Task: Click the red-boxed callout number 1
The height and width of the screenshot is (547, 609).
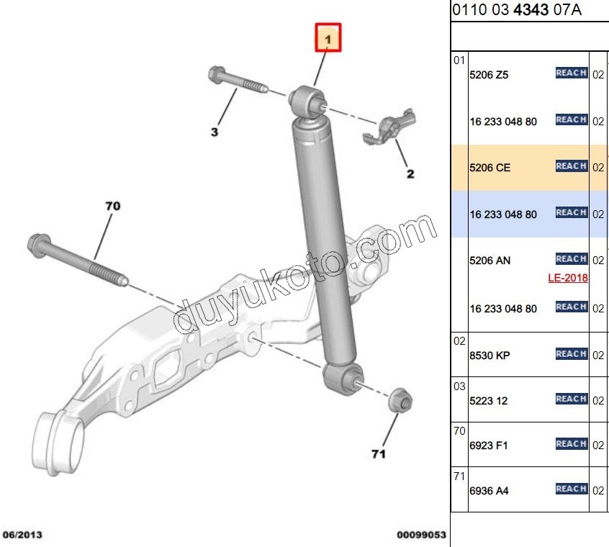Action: tap(328, 37)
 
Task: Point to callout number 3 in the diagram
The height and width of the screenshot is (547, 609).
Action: tap(215, 132)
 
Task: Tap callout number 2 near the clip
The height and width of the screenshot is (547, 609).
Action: tap(410, 174)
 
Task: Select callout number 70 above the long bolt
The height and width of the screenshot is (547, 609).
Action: tap(112, 206)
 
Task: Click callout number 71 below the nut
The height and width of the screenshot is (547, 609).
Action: tap(379, 454)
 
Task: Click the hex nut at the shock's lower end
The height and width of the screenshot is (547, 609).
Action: tap(401, 400)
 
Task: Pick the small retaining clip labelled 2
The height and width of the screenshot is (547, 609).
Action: tap(389, 127)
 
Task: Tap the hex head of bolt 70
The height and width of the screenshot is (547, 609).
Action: tap(40, 245)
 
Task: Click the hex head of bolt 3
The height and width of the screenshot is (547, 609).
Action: tap(216, 75)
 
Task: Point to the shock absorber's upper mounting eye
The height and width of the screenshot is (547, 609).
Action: tap(307, 101)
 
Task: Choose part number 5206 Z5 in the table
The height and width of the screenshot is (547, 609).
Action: tap(489, 75)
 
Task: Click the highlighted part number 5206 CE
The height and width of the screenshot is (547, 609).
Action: tap(490, 168)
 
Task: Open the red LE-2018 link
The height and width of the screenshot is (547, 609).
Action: tap(568, 278)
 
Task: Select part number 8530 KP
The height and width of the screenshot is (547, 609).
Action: tap(490, 356)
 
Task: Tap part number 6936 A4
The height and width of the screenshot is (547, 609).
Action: tap(489, 491)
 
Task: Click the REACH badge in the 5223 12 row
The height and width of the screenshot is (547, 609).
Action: tap(572, 399)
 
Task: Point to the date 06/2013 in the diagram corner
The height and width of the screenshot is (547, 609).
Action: tap(22, 535)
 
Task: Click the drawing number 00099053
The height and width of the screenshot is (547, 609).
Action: tap(421, 535)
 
